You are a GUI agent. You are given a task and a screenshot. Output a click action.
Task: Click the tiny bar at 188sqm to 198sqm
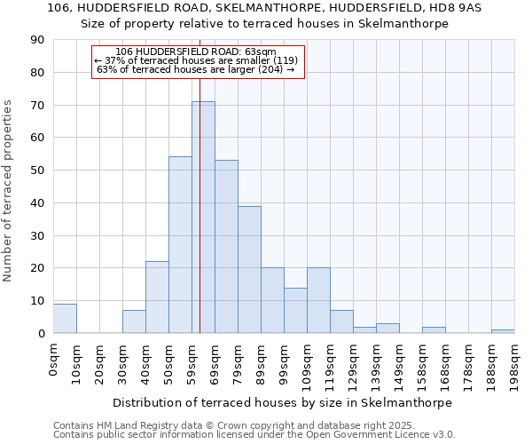coord(503,331)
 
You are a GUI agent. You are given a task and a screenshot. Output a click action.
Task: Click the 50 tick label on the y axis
coord(38,170)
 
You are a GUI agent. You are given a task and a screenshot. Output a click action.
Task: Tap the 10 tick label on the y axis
coord(38,301)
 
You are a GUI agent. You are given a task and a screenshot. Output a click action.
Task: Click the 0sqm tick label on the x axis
coord(54,360)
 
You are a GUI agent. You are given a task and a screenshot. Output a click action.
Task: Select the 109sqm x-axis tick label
coord(308,365)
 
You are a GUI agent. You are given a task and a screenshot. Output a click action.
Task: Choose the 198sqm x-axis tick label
coord(515,365)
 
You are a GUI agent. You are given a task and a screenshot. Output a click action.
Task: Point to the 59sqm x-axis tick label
coord(192,363)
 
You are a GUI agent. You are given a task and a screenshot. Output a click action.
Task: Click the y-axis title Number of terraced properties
coord(9,191)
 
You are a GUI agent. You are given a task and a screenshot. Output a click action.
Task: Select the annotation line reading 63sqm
coord(196,52)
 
